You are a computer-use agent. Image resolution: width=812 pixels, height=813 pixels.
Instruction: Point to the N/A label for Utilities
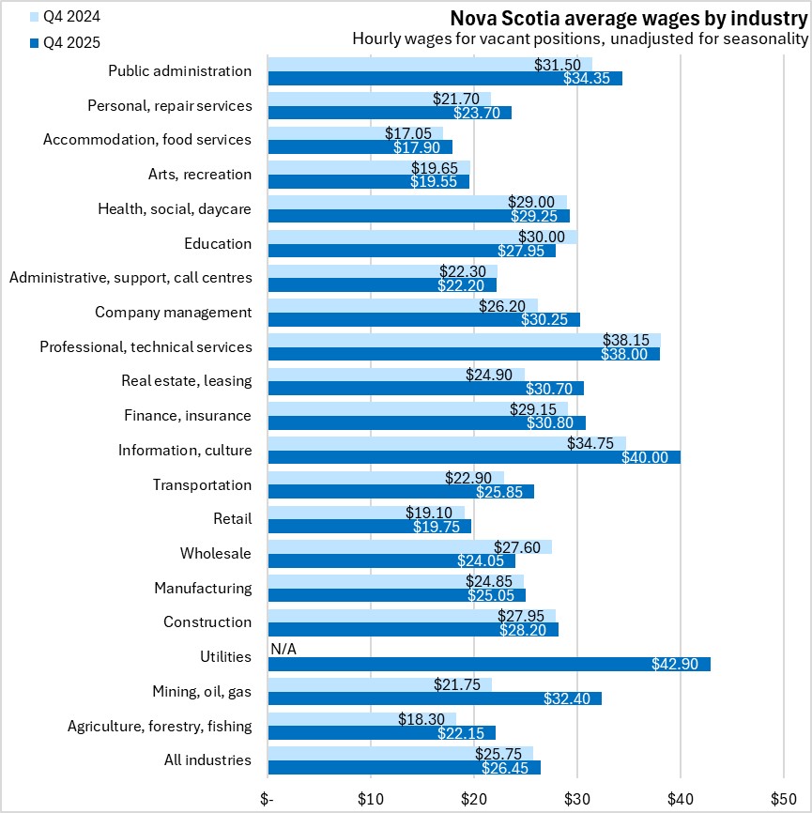click(x=283, y=649)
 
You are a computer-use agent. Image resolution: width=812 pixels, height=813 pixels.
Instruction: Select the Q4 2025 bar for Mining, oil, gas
click(x=435, y=698)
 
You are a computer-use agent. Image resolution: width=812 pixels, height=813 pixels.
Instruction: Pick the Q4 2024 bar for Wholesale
click(x=409, y=546)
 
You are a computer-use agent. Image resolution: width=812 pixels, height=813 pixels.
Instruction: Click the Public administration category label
click(x=179, y=70)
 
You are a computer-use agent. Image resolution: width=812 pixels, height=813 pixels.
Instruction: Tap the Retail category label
click(x=233, y=518)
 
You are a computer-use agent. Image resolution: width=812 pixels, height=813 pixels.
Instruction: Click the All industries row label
click(x=206, y=759)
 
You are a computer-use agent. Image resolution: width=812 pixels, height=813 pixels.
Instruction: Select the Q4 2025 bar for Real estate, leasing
click(x=425, y=388)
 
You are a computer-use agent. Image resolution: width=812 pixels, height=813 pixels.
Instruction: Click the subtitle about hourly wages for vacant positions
click(x=580, y=39)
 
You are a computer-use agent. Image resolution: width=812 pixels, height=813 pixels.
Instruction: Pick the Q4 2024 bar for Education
click(x=422, y=237)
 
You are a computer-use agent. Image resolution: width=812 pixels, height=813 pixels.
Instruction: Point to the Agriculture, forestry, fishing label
click(x=160, y=725)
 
